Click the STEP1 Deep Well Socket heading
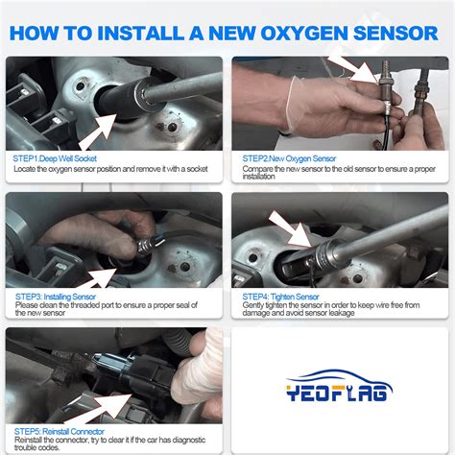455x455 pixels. (56, 158)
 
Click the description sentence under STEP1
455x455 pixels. (110, 169)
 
